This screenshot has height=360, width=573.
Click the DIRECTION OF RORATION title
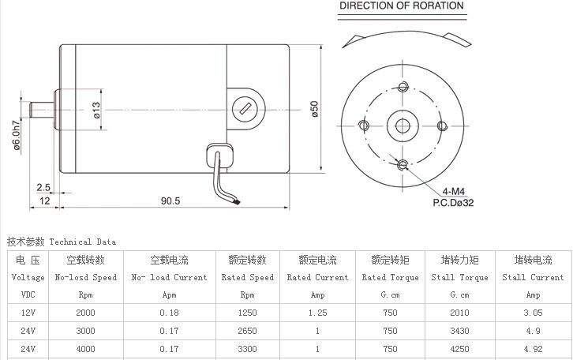[402, 6]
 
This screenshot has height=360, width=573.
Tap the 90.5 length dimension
[170, 201]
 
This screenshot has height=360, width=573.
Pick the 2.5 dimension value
[43, 187]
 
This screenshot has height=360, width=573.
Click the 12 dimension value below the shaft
[45, 201]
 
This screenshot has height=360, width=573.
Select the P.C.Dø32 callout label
[453, 203]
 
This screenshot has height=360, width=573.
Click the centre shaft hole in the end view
[402, 125]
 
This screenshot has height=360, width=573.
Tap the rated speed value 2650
[247, 331]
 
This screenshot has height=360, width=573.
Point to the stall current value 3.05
[533, 313]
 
